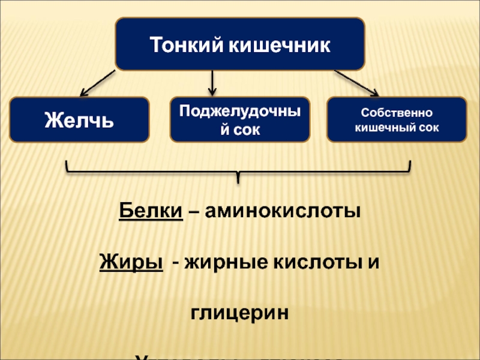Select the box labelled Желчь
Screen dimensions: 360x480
79,119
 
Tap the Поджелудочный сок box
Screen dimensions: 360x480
240,119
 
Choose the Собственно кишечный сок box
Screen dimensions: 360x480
397,119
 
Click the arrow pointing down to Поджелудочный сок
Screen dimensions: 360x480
211,80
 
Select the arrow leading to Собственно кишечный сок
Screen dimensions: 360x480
356,82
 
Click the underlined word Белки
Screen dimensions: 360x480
151,212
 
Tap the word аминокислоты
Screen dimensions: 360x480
283,212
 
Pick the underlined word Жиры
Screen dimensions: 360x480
131,262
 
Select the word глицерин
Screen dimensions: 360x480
240,313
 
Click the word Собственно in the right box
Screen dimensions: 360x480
397,113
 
